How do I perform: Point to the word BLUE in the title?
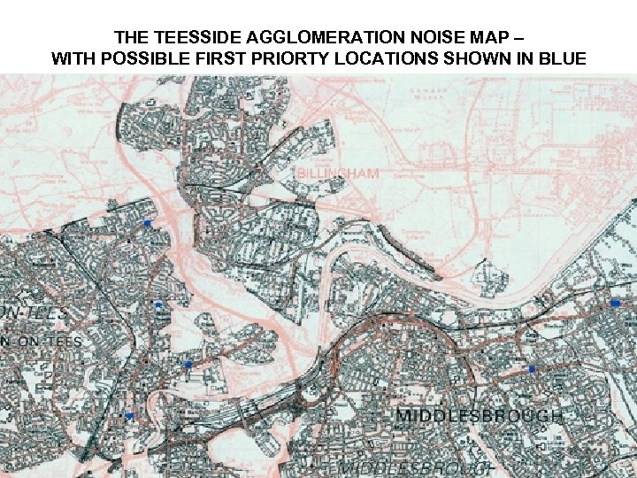[x=560, y=59]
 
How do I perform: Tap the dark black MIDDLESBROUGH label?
[x=478, y=415]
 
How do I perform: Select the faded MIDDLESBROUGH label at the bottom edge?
[x=416, y=467]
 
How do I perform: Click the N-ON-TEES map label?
[x=41, y=341]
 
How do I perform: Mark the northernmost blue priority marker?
[x=148, y=224]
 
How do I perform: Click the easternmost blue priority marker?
[x=615, y=303]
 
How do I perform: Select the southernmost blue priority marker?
[x=129, y=415]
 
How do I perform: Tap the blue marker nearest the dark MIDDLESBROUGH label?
[x=532, y=368]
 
